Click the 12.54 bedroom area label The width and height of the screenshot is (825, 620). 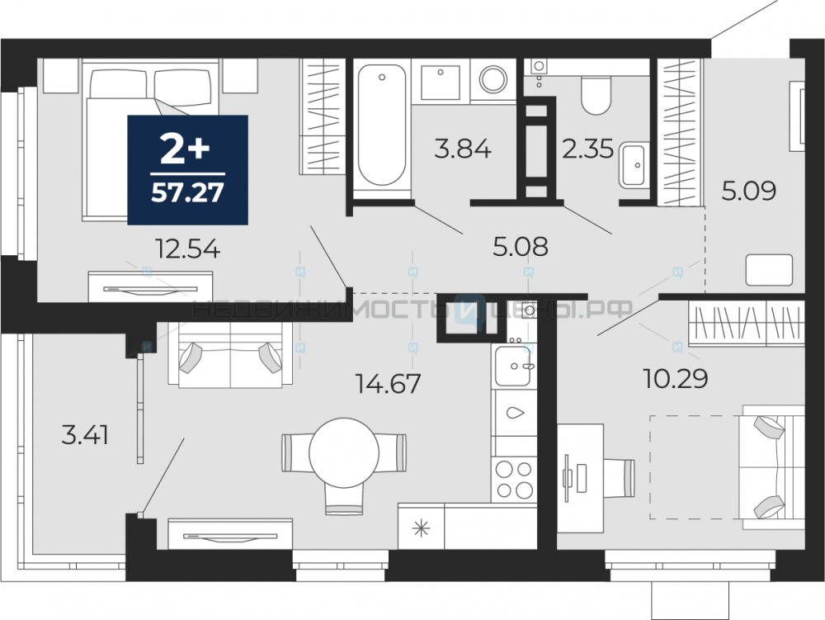[x=187, y=248]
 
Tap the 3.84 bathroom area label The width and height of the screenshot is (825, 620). [x=463, y=149]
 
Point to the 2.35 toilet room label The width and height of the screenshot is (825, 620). [x=587, y=149]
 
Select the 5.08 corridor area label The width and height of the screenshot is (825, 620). [x=520, y=246]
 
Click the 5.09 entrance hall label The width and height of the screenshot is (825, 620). [x=749, y=191]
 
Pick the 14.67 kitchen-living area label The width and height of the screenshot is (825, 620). [x=388, y=383]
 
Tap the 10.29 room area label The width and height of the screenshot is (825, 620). [x=676, y=378]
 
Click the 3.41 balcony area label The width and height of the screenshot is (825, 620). [x=85, y=435]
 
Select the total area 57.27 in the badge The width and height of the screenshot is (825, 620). [x=187, y=193]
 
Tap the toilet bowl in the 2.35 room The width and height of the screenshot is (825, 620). [x=596, y=95]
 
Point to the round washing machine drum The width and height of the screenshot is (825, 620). [x=493, y=80]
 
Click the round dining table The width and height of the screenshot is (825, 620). [x=344, y=453]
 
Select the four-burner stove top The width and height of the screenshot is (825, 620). [x=514, y=479]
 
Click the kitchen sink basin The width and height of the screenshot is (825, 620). [x=512, y=366]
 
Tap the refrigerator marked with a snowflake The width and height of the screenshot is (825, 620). [x=421, y=527]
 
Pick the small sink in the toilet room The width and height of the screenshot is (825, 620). [x=633, y=165]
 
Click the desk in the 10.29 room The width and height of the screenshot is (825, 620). [x=580, y=479]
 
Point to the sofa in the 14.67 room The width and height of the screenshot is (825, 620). [x=230, y=355]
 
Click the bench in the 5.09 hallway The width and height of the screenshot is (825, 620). [x=769, y=270]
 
